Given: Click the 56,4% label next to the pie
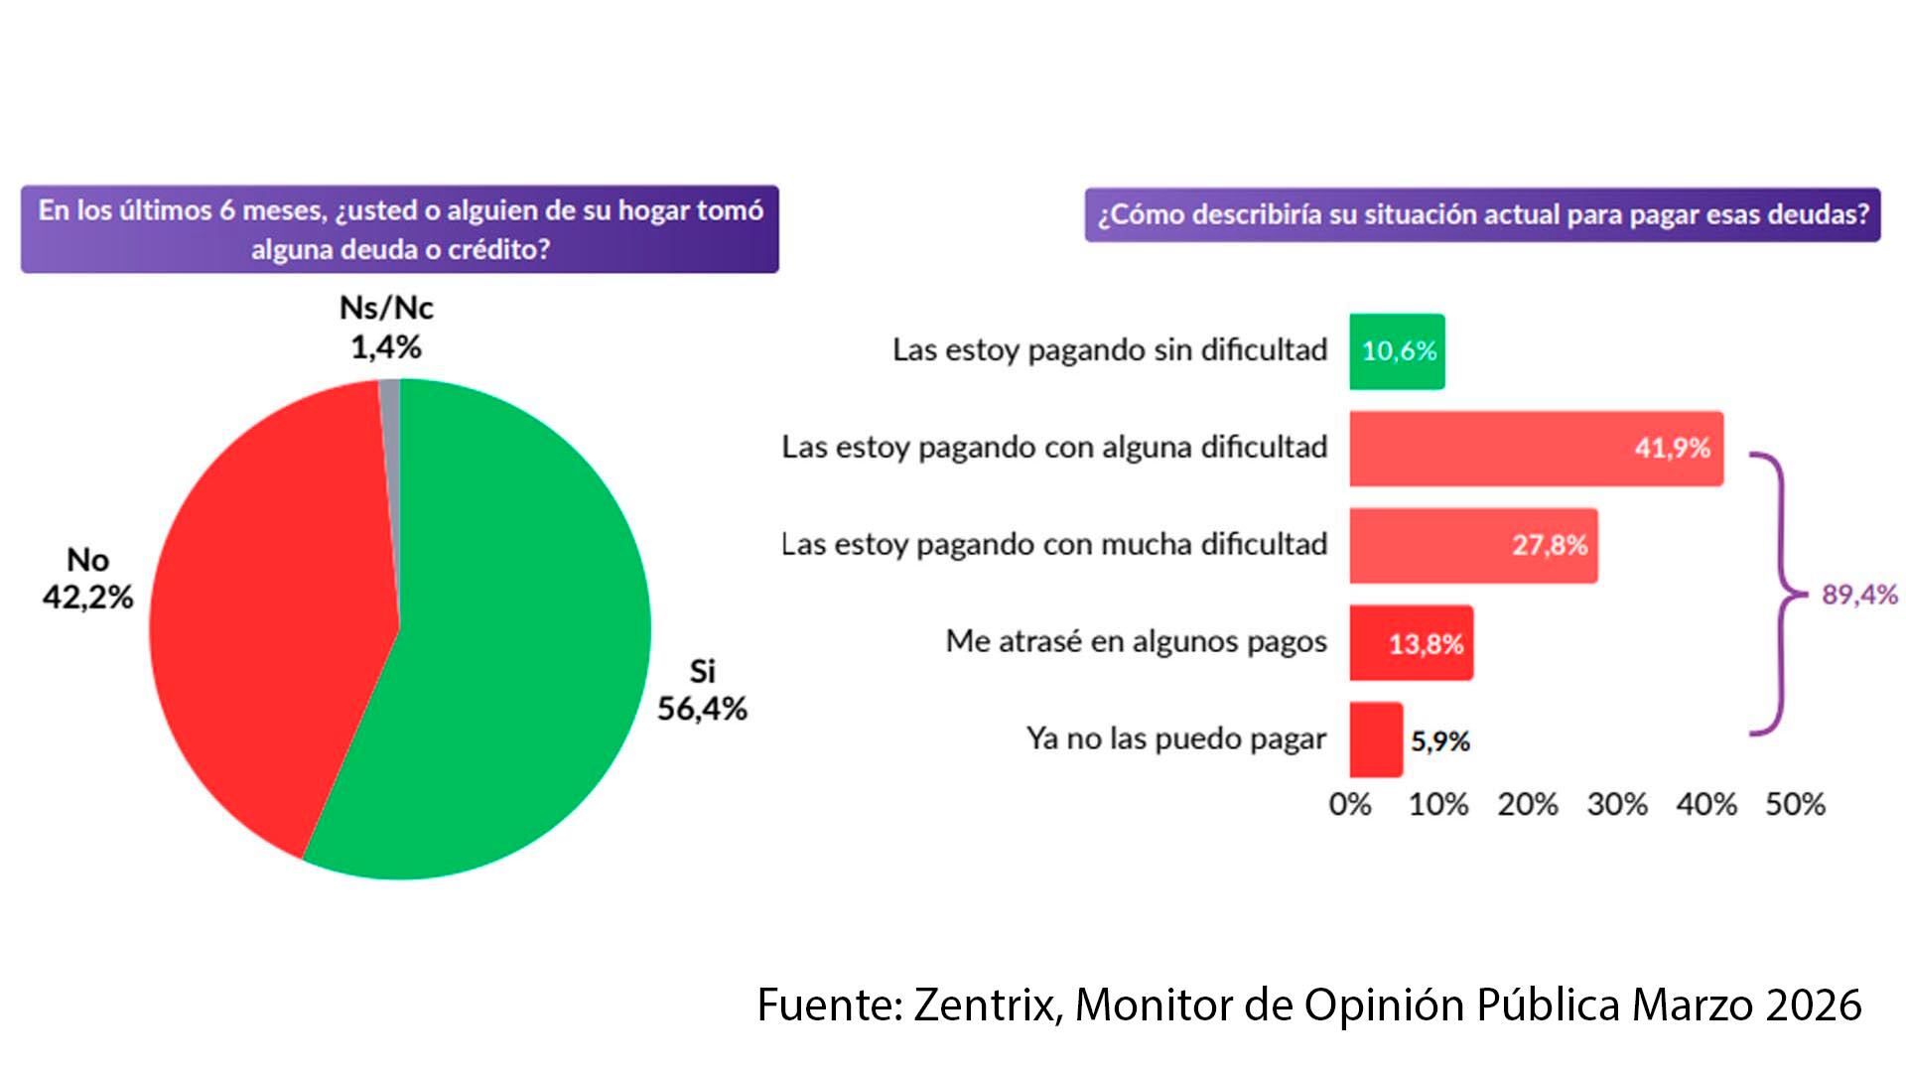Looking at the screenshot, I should click(x=702, y=709).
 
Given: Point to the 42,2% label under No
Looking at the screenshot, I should click(x=87, y=597).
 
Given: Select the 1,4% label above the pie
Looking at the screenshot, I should click(x=386, y=347).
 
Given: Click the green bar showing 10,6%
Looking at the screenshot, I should click(x=1397, y=351).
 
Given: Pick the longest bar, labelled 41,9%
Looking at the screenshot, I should click(x=1536, y=449).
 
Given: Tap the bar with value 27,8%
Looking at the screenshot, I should click(x=1473, y=546).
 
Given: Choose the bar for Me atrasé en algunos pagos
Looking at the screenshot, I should click(x=1411, y=643).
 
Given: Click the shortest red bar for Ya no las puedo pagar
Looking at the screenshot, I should click(x=1376, y=740).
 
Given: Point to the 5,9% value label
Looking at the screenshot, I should click(x=1439, y=741).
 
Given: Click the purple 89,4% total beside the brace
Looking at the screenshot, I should click(x=1859, y=595).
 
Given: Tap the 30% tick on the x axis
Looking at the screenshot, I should click(x=1617, y=804).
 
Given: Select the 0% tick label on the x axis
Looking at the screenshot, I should click(x=1350, y=804).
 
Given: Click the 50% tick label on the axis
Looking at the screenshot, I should click(x=1795, y=804).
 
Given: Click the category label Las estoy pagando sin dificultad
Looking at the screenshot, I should click(x=1109, y=350).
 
